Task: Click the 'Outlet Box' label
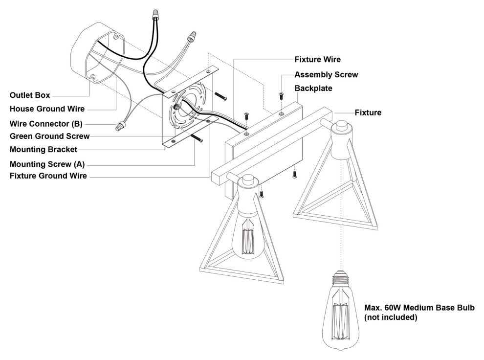click(30, 95)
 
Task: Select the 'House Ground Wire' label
click(47, 109)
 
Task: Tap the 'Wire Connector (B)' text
click(46, 124)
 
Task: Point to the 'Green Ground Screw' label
click(50, 136)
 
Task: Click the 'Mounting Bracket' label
click(44, 150)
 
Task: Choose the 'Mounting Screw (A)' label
click(47, 164)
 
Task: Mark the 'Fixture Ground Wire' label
click(48, 176)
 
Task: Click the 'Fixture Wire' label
click(318, 60)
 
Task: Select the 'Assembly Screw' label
click(326, 75)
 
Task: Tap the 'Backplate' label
click(313, 89)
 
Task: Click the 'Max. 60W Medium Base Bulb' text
click(419, 308)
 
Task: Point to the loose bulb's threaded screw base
click(341, 277)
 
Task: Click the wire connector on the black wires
click(156, 14)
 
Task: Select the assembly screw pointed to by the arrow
click(281, 96)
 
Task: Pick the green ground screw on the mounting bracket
click(177, 107)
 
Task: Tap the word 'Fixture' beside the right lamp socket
click(368, 112)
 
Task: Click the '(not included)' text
click(391, 317)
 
